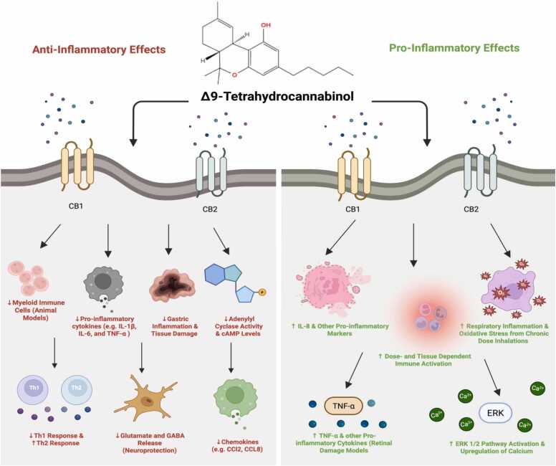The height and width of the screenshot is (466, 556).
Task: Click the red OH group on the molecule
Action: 266,25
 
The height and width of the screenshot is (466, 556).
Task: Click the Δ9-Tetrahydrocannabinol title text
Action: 277,97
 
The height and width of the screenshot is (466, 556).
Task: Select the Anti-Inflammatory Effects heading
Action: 99,49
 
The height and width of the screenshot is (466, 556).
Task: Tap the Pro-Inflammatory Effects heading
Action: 454,48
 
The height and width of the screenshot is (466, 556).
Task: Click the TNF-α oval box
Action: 344,406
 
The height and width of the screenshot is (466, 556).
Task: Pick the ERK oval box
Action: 495,413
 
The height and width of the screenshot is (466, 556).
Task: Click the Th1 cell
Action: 34,389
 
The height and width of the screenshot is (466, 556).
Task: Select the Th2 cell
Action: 77,389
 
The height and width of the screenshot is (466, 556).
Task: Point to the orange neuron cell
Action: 145,399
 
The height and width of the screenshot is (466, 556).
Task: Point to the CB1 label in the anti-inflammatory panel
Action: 76,206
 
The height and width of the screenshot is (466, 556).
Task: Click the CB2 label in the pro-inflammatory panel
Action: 471,209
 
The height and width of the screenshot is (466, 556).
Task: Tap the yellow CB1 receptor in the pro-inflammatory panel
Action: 354,170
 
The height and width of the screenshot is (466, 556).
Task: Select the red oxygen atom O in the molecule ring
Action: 234,75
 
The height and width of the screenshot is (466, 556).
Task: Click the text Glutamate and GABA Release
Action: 149,439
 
